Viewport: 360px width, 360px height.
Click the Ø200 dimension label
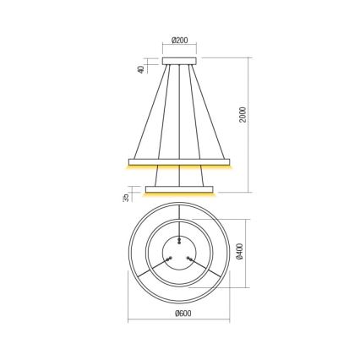click(178, 40)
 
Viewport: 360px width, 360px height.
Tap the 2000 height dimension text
click(243, 114)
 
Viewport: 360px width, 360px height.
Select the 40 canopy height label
click(141, 68)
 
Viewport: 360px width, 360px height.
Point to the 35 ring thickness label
click(125, 197)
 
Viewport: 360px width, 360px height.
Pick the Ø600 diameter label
click(179, 313)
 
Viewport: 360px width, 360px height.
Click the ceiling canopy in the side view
click(178, 61)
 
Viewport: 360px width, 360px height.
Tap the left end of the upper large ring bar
click(132, 161)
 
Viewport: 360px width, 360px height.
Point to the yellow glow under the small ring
click(179, 194)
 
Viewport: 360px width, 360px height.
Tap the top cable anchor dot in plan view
click(178, 239)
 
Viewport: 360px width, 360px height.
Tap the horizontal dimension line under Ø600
click(179, 321)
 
